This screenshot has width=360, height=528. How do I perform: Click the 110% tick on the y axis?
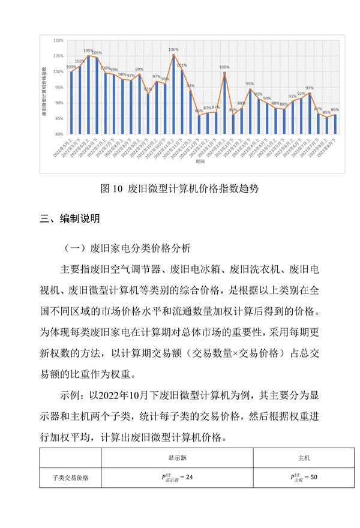click(x=59, y=40)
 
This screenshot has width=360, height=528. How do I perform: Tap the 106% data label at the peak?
click(x=173, y=49)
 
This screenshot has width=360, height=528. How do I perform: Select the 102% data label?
click(x=80, y=61)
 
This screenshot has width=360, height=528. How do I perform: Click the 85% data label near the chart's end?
click(x=326, y=112)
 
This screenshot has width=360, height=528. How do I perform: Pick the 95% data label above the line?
click(x=250, y=84)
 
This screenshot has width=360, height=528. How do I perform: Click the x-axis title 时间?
click(x=199, y=162)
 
